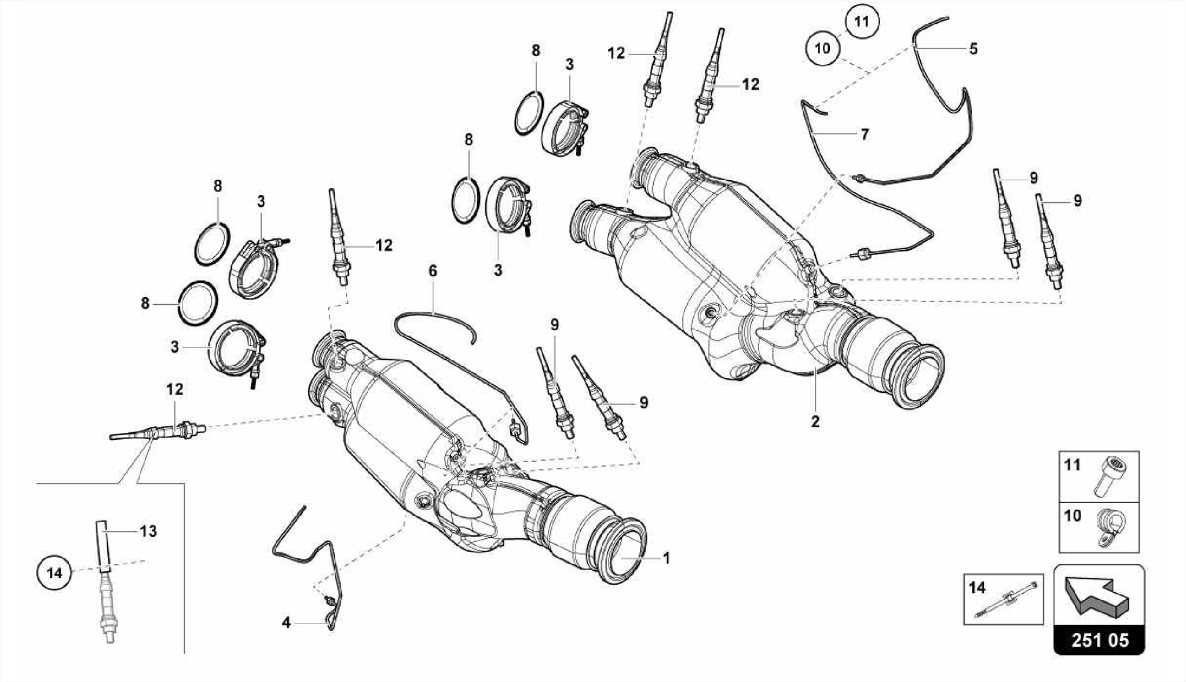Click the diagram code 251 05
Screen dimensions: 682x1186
pos(1099,640)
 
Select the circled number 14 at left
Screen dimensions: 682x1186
pos(54,573)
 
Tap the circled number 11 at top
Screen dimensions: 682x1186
pos(862,22)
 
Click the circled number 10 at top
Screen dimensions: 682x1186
pos(822,48)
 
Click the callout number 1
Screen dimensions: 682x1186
pos(667,558)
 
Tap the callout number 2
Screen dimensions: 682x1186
pos(815,422)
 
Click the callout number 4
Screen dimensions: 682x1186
pos(286,623)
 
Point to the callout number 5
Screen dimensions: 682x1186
pos(973,49)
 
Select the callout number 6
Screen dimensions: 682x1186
pos(433,271)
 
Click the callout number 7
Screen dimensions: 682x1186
pos(865,134)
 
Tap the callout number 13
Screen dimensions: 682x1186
pos(148,531)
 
